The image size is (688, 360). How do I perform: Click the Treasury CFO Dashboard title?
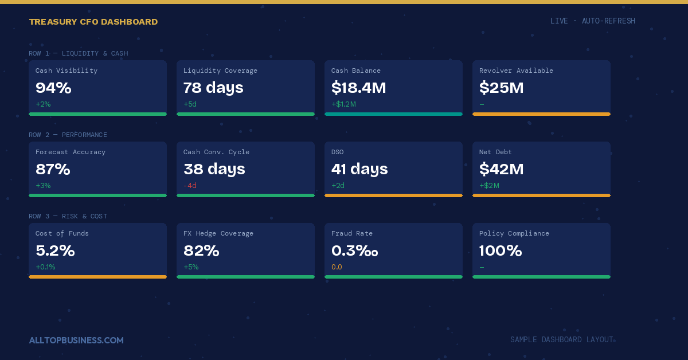point(93,22)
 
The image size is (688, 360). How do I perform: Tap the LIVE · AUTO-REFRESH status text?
point(592,21)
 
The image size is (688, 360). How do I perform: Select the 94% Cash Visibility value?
point(53,88)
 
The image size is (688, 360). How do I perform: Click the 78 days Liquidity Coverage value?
point(213,88)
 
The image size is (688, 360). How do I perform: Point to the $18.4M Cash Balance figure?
point(358,88)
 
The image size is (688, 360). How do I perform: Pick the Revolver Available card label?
point(516,71)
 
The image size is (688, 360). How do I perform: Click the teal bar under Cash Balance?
point(393,114)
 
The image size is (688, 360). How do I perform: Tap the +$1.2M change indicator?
point(343,104)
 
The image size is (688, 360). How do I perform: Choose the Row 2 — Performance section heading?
point(68,135)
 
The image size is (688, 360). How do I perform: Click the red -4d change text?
point(190,186)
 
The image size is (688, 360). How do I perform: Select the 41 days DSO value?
point(359,169)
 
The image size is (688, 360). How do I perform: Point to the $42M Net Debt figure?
point(501,169)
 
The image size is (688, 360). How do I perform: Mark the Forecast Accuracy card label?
point(71,152)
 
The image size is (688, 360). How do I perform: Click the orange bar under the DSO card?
point(393,195)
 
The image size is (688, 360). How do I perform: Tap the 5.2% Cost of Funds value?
point(55,251)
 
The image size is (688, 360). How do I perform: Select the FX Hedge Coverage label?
point(218,233)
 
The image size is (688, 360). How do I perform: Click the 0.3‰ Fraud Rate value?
point(355,251)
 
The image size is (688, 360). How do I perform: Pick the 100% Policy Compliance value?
point(501,251)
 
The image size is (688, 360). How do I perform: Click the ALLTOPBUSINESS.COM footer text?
point(76,341)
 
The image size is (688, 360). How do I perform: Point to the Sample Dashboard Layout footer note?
point(561,340)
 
